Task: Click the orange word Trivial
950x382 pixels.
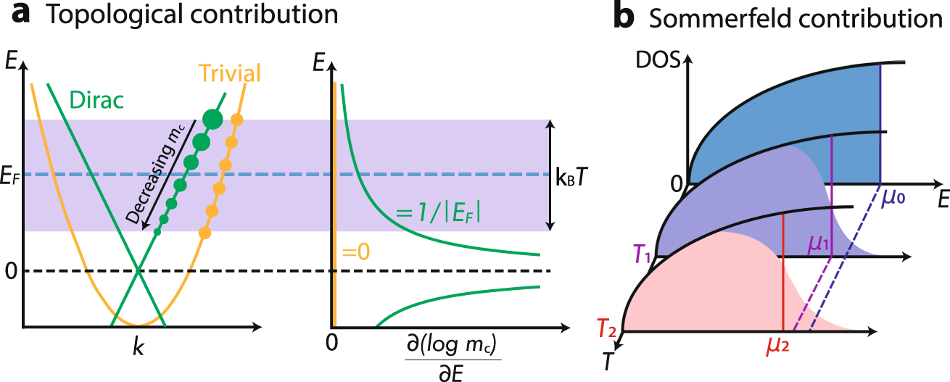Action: pos(230,74)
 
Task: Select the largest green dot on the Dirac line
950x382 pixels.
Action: pos(212,119)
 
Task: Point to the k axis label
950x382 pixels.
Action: pos(138,346)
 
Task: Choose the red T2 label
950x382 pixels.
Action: pos(608,331)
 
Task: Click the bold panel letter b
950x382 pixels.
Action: pos(624,17)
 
